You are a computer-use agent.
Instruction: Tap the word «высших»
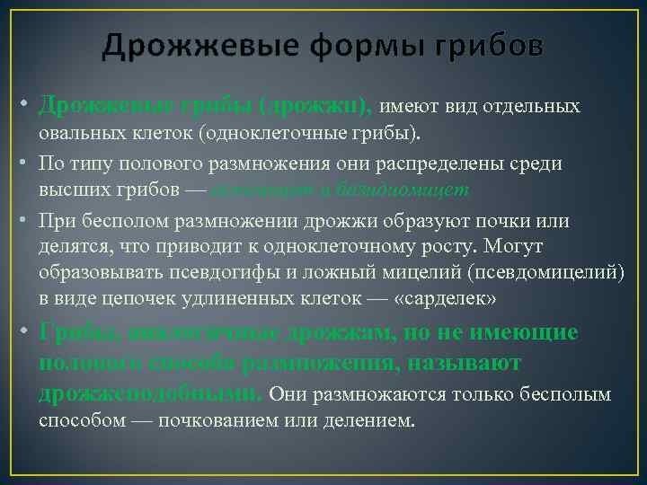68,190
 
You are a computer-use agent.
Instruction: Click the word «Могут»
521,247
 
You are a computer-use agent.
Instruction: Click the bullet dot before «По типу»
27,164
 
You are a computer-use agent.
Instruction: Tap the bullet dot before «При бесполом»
27,221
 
